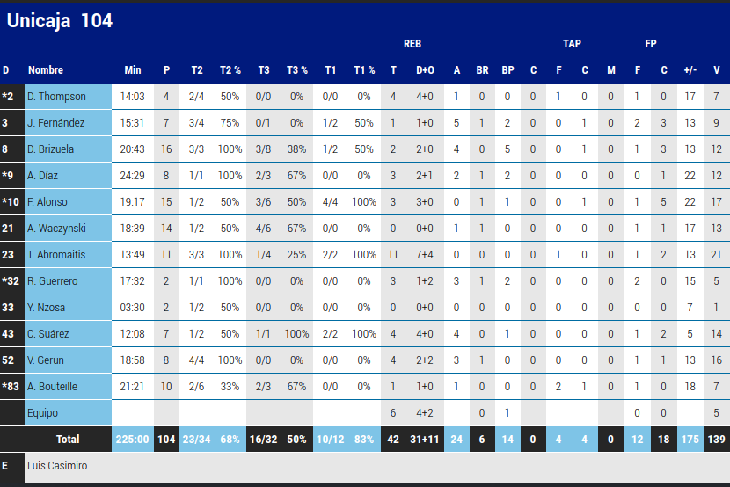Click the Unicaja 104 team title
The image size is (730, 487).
60,21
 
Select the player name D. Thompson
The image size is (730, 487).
56,97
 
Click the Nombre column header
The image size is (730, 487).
46,70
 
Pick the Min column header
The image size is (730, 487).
133,70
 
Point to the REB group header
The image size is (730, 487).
412,43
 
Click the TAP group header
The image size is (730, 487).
572,43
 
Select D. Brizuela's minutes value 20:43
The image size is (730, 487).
133,149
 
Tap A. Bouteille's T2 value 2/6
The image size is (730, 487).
197,387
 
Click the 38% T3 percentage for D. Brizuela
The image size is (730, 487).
297,149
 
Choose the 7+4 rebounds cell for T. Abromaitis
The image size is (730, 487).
425,255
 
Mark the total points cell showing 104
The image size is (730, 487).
166,439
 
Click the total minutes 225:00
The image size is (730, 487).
133,439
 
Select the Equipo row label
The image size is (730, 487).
43,413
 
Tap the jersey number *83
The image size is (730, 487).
10,387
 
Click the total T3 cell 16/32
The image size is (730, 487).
264,439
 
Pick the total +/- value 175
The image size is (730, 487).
690,439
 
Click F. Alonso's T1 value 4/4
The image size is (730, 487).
331,202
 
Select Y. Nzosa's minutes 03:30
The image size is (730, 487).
133,308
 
